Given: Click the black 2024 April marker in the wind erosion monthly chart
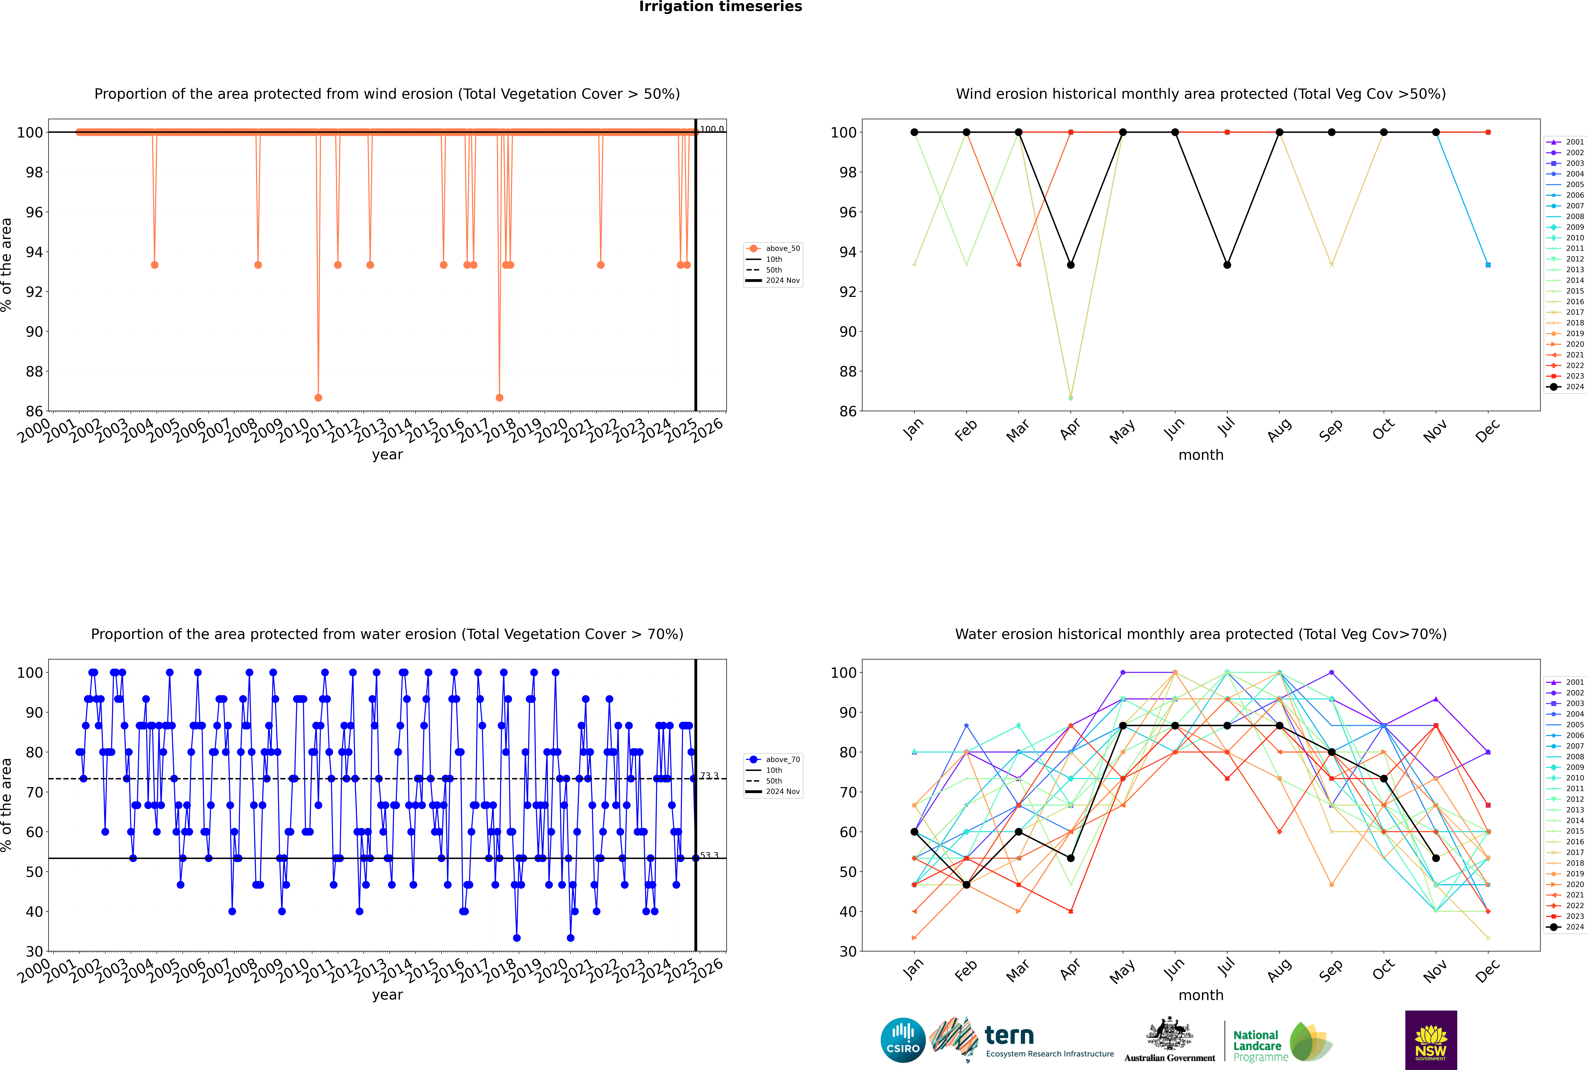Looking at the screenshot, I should (x=1071, y=265).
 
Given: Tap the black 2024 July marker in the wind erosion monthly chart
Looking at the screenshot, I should (x=1227, y=265).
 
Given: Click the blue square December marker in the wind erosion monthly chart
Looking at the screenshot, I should (x=1488, y=265).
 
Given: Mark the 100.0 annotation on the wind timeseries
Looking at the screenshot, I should (x=712, y=129).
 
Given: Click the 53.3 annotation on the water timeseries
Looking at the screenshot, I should (x=709, y=855).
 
